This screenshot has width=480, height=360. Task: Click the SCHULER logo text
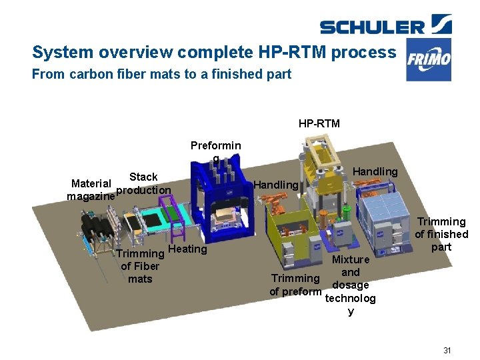(x=372, y=27)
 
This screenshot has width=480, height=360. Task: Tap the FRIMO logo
(x=429, y=60)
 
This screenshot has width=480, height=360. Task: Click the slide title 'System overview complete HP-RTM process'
(x=214, y=52)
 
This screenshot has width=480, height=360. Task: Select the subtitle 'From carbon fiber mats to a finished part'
(x=161, y=74)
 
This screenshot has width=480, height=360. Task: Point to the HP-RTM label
(x=319, y=123)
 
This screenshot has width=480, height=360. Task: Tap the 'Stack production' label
(x=143, y=183)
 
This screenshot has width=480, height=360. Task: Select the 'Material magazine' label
(x=91, y=189)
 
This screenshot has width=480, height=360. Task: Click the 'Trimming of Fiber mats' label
(x=140, y=266)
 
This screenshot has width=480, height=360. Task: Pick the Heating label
(x=187, y=249)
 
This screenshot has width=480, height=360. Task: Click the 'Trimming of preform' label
(x=295, y=285)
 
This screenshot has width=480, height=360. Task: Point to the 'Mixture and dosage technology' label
(x=350, y=285)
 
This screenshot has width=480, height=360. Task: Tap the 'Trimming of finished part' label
(x=441, y=234)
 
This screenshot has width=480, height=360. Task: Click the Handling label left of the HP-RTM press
(x=276, y=184)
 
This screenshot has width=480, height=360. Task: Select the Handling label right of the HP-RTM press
(x=375, y=171)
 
